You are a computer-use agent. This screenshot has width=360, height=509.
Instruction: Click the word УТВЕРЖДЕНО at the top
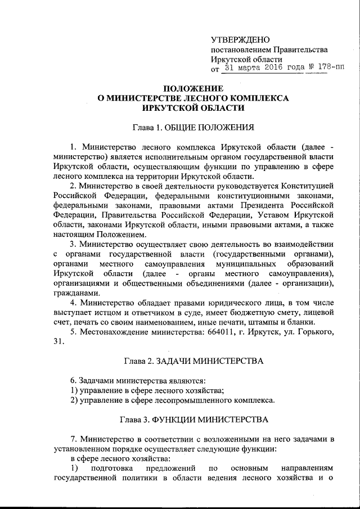[240, 39]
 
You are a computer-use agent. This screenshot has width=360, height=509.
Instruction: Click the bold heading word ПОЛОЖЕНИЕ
[193, 88]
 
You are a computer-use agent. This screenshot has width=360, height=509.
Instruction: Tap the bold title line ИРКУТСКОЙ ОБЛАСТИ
[193, 109]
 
